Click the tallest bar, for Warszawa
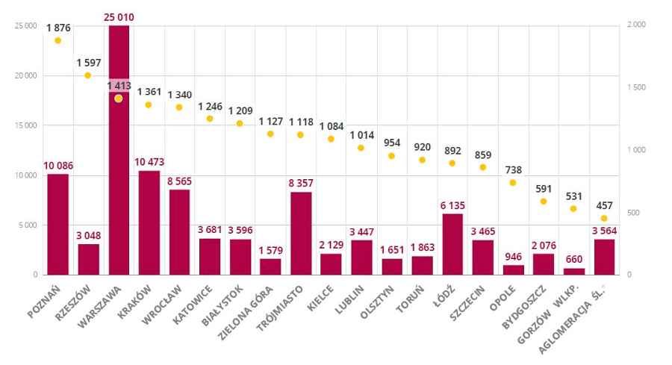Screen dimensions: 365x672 (119, 149)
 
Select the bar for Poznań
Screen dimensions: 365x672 (57, 224)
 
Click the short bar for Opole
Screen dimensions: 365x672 (513, 269)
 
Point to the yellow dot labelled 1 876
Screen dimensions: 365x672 (57, 41)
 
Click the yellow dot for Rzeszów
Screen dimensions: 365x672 (88, 75)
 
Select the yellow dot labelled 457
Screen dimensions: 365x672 (604, 218)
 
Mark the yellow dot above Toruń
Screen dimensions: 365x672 (422, 160)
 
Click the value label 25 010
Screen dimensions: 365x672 (119, 16)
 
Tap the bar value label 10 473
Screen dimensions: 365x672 (149, 162)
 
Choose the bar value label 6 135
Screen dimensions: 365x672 (452, 205)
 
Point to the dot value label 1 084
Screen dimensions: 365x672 (331, 125)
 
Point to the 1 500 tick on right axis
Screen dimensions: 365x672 (636, 88)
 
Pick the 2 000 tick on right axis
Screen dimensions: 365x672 (636, 25)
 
